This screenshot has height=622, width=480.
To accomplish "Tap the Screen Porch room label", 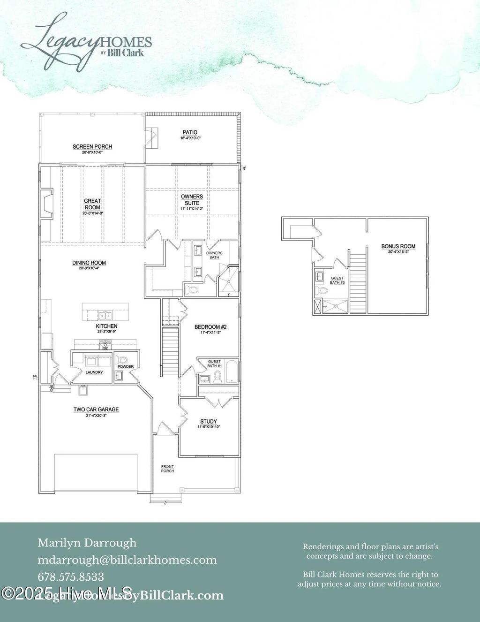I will pyautogui.click(x=92, y=147).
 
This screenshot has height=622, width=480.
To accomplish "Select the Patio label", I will pyautogui.click(x=190, y=133).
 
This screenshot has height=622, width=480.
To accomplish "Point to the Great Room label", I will pyautogui.click(x=92, y=204).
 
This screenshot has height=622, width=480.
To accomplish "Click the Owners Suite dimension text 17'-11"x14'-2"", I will pyautogui.click(x=192, y=209).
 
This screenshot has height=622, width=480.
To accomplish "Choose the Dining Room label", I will pyautogui.click(x=89, y=263).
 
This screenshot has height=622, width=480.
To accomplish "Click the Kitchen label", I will pyautogui.click(x=107, y=326).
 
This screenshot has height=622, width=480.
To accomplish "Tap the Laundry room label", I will pyautogui.click(x=94, y=372).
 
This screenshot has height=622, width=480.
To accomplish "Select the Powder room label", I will pyautogui.click(x=126, y=367).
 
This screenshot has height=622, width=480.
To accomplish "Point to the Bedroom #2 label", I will pyautogui.click(x=210, y=327).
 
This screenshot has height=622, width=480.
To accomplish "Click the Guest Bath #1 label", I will pyautogui.click(x=214, y=364).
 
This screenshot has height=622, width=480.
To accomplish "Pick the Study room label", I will pyautogui.click(x=209, y=422).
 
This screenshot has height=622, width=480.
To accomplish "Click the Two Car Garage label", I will pyautogui.click(x=96, y=410).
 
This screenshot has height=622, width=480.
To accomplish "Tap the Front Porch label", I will pyautogui.click(x=167, y=469).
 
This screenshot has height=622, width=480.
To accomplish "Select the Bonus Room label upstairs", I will pyautogui.click(x=398, y=246).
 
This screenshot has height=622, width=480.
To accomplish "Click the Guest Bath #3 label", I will pyautogui.click(x=337, y=281).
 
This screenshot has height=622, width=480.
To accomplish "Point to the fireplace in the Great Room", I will pyautogui.click(x=47, y=203).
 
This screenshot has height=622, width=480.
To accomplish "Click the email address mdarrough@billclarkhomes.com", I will pyautogui.click(x=127, y=560).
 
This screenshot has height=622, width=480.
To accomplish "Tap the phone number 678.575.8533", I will pyautogui.click(x=71, y=576).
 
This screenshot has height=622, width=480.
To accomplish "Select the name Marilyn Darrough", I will pyautogui.click(x=87, y=543).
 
